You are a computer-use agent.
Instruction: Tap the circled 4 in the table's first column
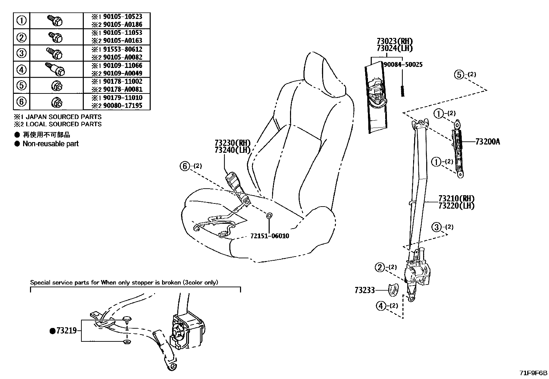point(21,69)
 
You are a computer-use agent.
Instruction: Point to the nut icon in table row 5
point(56,86)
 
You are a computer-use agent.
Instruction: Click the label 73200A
point(487,142)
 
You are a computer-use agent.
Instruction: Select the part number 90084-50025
point(403,64)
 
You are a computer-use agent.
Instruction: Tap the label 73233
point(365,290)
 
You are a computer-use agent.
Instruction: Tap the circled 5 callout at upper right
point(459,74)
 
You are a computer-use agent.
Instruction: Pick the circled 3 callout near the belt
point(437,227)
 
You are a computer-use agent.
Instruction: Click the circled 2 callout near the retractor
point(380,267)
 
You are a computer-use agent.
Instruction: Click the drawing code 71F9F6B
point(533,373)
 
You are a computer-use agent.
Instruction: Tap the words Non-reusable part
point(50,144)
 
